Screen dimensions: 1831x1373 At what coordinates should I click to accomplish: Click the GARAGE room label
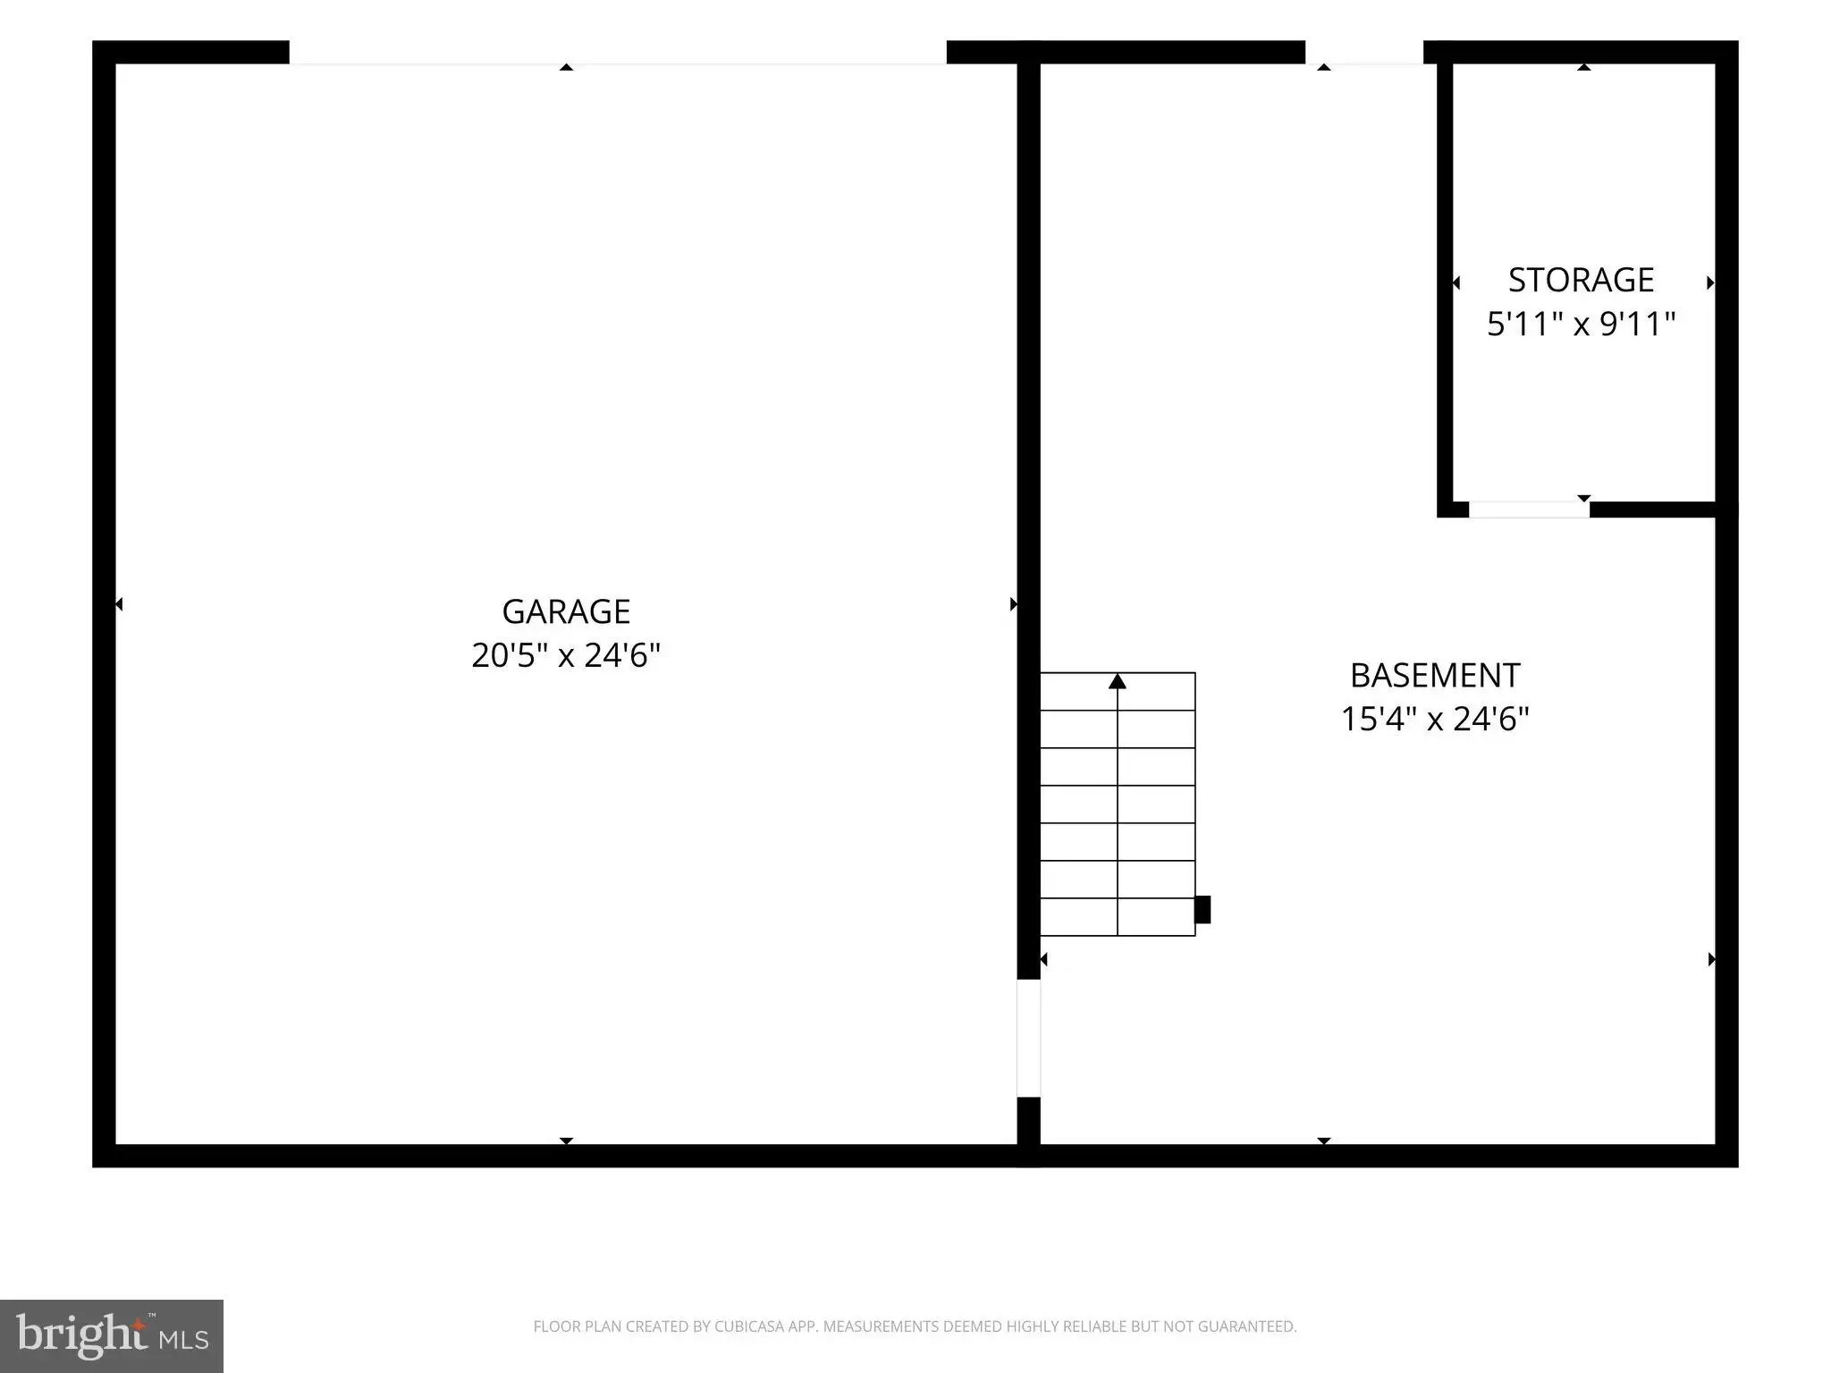566,611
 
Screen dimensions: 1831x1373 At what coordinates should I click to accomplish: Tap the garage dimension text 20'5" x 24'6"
566,655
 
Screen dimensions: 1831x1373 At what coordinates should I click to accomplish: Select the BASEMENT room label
1435,675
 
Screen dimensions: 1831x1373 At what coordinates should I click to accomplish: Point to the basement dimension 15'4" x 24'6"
1435,719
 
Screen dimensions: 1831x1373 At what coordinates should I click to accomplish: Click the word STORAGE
1581,280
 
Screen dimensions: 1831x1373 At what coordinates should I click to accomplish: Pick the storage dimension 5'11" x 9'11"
1581,324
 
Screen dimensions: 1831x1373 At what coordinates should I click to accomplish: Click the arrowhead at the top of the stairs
1118,681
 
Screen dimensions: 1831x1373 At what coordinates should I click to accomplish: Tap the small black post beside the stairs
1203,909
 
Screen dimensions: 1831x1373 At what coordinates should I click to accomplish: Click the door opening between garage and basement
1029,1038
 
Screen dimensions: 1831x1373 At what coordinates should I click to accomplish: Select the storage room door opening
1529,510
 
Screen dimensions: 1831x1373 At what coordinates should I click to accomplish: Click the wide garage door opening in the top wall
618,53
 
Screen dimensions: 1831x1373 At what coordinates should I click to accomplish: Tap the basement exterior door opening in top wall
1364,53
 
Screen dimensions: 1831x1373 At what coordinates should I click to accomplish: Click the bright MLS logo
112,1335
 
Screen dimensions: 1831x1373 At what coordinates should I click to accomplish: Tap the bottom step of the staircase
1118,917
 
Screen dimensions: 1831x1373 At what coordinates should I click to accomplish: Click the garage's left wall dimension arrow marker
119,604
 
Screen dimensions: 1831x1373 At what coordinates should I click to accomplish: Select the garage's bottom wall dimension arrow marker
566,1141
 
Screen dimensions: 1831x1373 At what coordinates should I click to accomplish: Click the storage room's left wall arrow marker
1456,282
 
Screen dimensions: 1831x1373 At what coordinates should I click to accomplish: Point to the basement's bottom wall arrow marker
1324,1141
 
